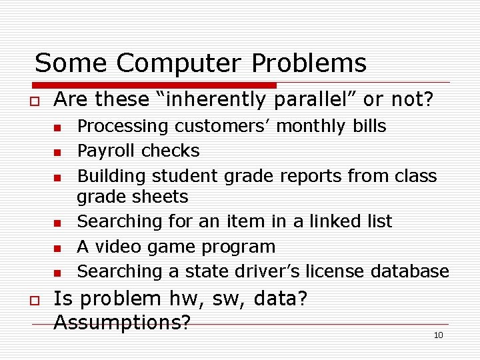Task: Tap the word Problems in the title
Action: click(x=309, y=64)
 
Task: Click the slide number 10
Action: click(x=438, y=335)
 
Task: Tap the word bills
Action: click(x=367, y=127)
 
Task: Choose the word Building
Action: click(x=111, y=176)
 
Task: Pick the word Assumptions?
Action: click(x=122, y=323)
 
